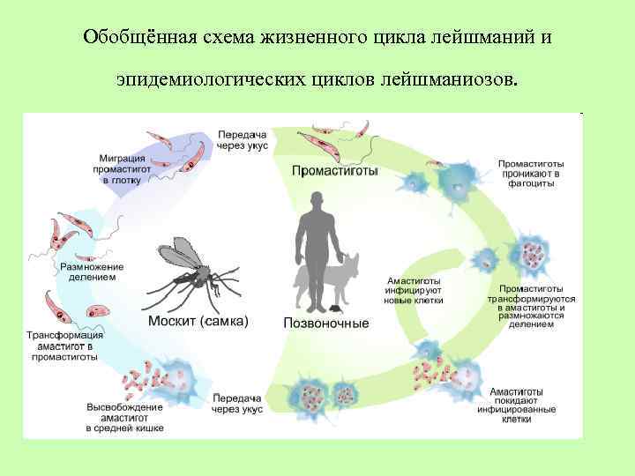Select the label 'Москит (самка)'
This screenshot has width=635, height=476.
pos(198,320)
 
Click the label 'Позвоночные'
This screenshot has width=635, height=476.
pos(325,323)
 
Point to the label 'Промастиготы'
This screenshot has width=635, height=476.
pos(334,171)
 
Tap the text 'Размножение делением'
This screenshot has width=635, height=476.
pos(92,271)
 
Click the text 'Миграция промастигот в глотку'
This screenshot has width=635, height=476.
pos(131,168)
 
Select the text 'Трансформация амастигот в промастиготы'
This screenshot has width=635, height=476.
pos(65,347)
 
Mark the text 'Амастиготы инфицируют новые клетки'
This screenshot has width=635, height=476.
pos(414,291)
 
